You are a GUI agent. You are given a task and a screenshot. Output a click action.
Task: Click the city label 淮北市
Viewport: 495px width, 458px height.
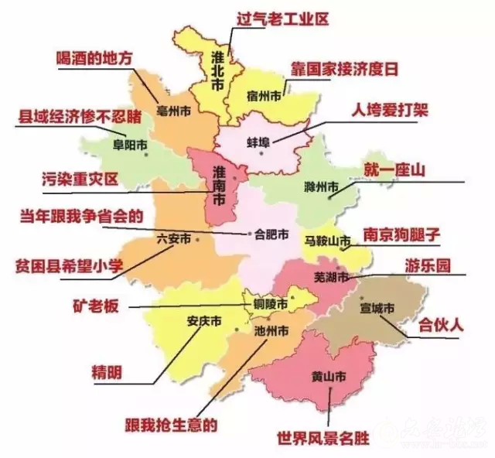pyautogui.click(x=219, y=68)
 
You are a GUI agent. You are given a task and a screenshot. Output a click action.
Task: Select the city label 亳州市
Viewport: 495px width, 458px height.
pyautogui.click(x=172, y=112)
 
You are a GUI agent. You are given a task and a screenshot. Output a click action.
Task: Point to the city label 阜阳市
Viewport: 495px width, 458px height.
pyautogui.click(x=128, y=144)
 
